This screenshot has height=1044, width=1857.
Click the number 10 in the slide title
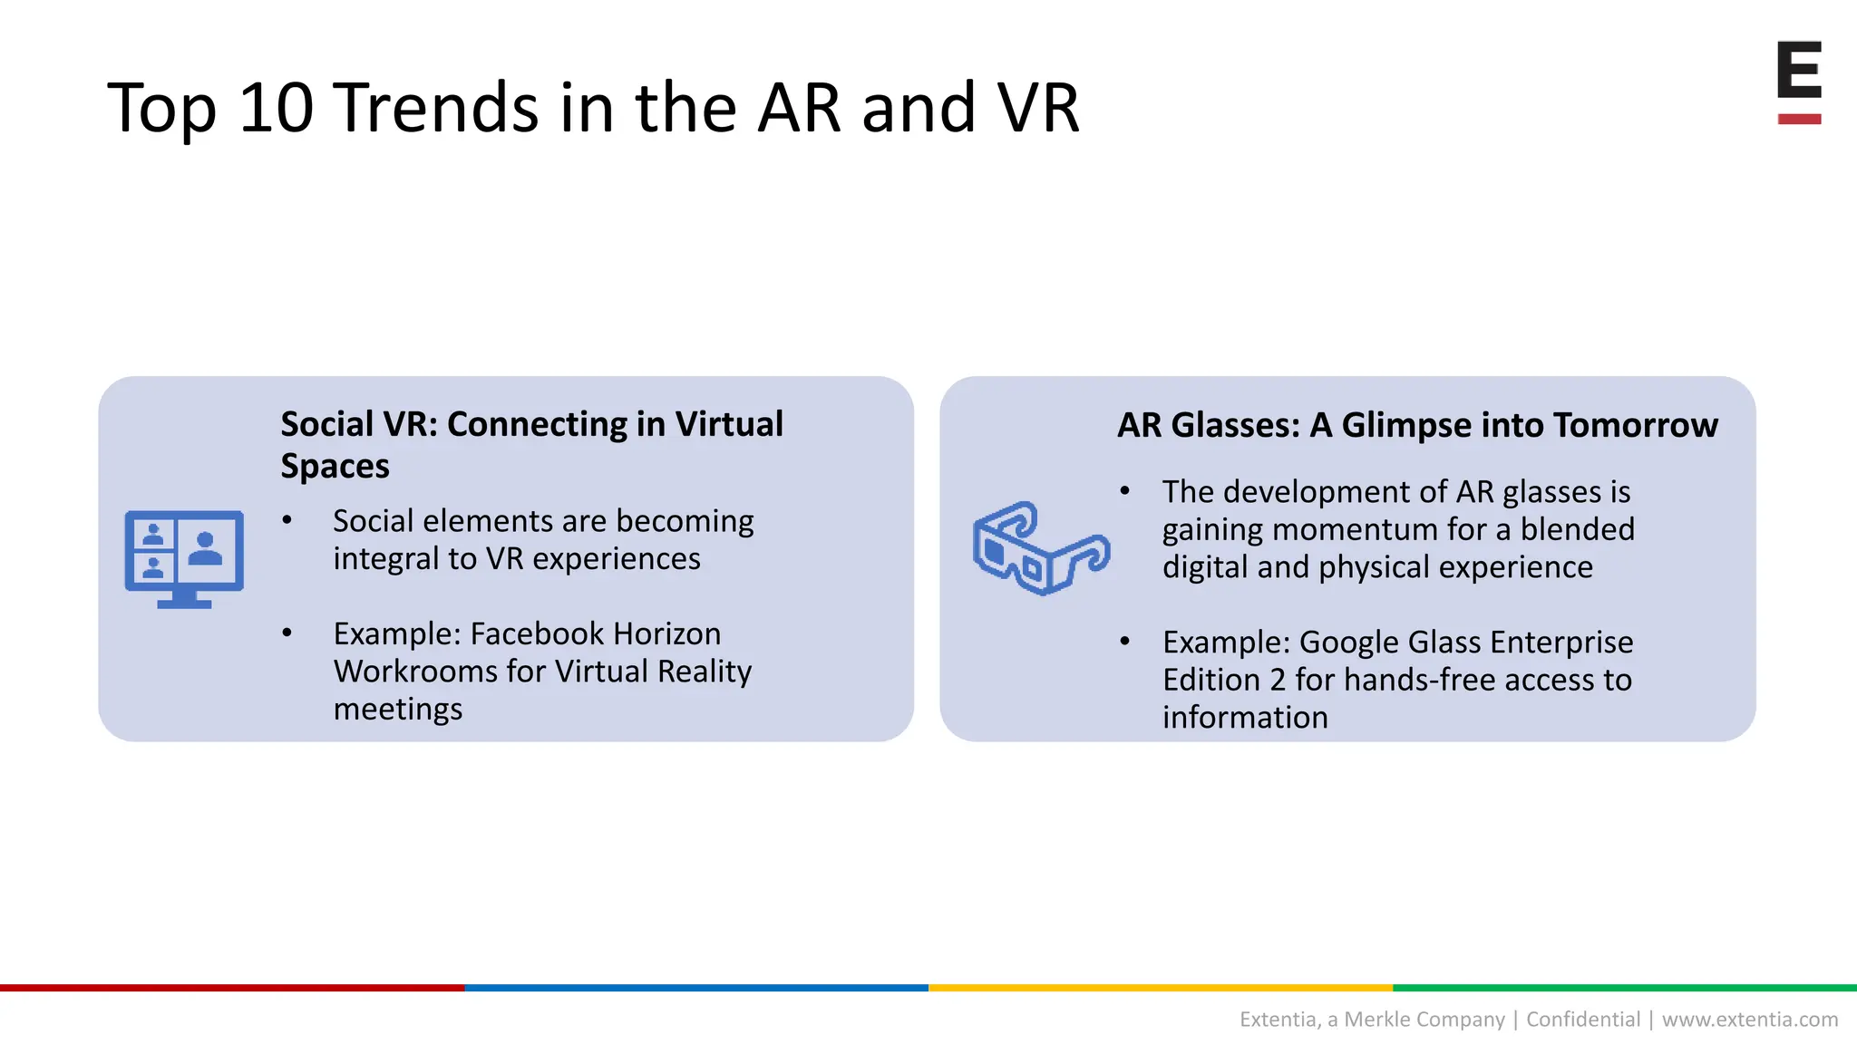(x=276, y=108)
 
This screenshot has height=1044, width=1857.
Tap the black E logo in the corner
(x=1799, y=70)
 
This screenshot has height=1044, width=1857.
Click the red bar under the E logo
(x=1799, y=119)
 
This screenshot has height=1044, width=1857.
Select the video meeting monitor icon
(x=184, y=558)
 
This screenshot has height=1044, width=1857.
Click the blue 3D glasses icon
(x=1040, y=547)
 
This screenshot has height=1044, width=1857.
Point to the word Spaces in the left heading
(x=335, y=466)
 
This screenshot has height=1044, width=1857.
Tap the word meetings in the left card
(x=397, y=709)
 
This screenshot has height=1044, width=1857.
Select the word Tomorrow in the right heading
(x=1635, y=425)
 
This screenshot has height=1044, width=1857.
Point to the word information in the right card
(x=1245, y=718)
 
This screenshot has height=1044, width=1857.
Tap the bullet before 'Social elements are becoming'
(x=287, y=521)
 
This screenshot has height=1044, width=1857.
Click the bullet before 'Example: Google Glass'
(x=1124, y=642)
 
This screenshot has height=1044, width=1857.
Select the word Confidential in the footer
(x=1583, y=1020)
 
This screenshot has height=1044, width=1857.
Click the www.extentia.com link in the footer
(x=1749, y=1020)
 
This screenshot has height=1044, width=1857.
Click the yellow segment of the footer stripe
(x=1161, y=988)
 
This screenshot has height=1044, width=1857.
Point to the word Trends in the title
(x=437, y=108)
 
